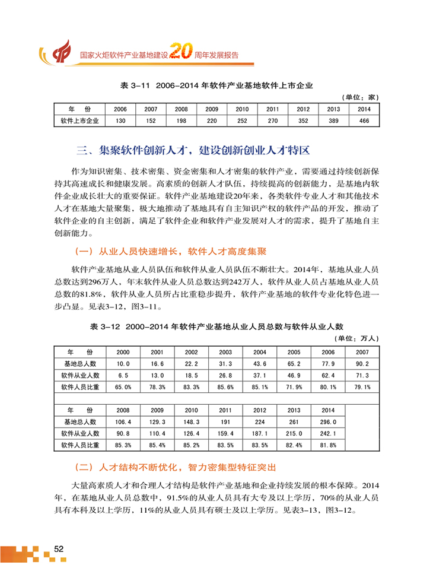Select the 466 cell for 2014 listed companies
point(364,120)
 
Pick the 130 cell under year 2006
point(120,120)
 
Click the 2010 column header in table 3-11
point(242,109)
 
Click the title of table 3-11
point(216,85)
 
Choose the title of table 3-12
point(216,326)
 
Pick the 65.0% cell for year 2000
point(123,387)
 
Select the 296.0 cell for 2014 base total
point(328,422)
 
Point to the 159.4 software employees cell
point(226,433)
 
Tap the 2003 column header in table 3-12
point(226,351)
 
